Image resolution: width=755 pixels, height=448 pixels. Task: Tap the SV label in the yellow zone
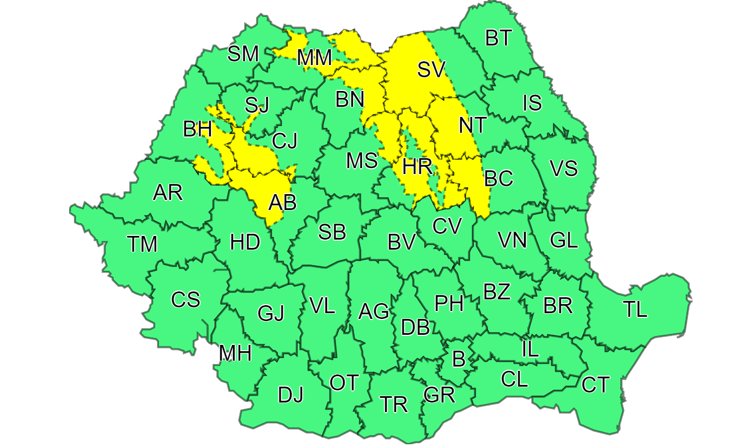coord(431,69)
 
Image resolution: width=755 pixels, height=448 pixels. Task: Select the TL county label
coord(635,309)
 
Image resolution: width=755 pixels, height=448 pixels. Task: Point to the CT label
coord(595,385)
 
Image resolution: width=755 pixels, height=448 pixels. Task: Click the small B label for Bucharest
coord(459,359)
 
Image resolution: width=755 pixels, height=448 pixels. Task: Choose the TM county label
coord(143,244)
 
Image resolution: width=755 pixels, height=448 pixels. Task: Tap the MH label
coord(235,353)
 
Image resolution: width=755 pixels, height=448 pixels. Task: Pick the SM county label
coord(243,54)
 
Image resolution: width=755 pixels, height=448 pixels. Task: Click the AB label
coord(283,202)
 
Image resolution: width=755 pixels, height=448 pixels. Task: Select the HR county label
coord(417,167)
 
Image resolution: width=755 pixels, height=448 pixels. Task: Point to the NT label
coord(472,125)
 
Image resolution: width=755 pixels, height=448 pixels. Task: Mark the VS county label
coord(564,169)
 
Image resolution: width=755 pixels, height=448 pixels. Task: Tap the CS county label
coord(185,300)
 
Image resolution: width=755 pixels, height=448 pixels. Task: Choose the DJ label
coord(291,395)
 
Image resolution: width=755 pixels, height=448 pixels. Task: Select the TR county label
coord(394,405)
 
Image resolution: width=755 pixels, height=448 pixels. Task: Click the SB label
coord(332,232)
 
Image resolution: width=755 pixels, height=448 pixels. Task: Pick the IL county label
coord(530,349)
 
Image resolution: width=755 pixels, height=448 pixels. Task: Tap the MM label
coord(314,58)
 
